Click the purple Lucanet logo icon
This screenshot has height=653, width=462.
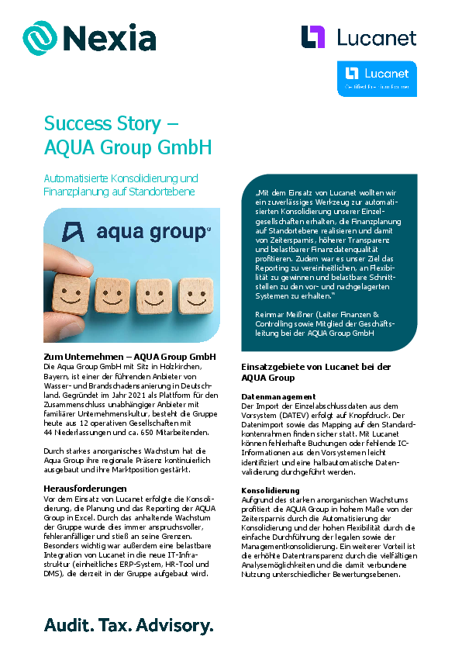(313, 36)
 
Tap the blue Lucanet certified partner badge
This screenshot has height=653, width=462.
(377, 78)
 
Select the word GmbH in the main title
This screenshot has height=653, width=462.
(184, 147)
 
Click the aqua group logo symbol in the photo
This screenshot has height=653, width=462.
(74, 232)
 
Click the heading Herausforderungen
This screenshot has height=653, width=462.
(85, 489)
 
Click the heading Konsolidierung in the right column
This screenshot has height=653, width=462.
(270, 491)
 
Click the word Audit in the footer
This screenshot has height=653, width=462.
(67, 624)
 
